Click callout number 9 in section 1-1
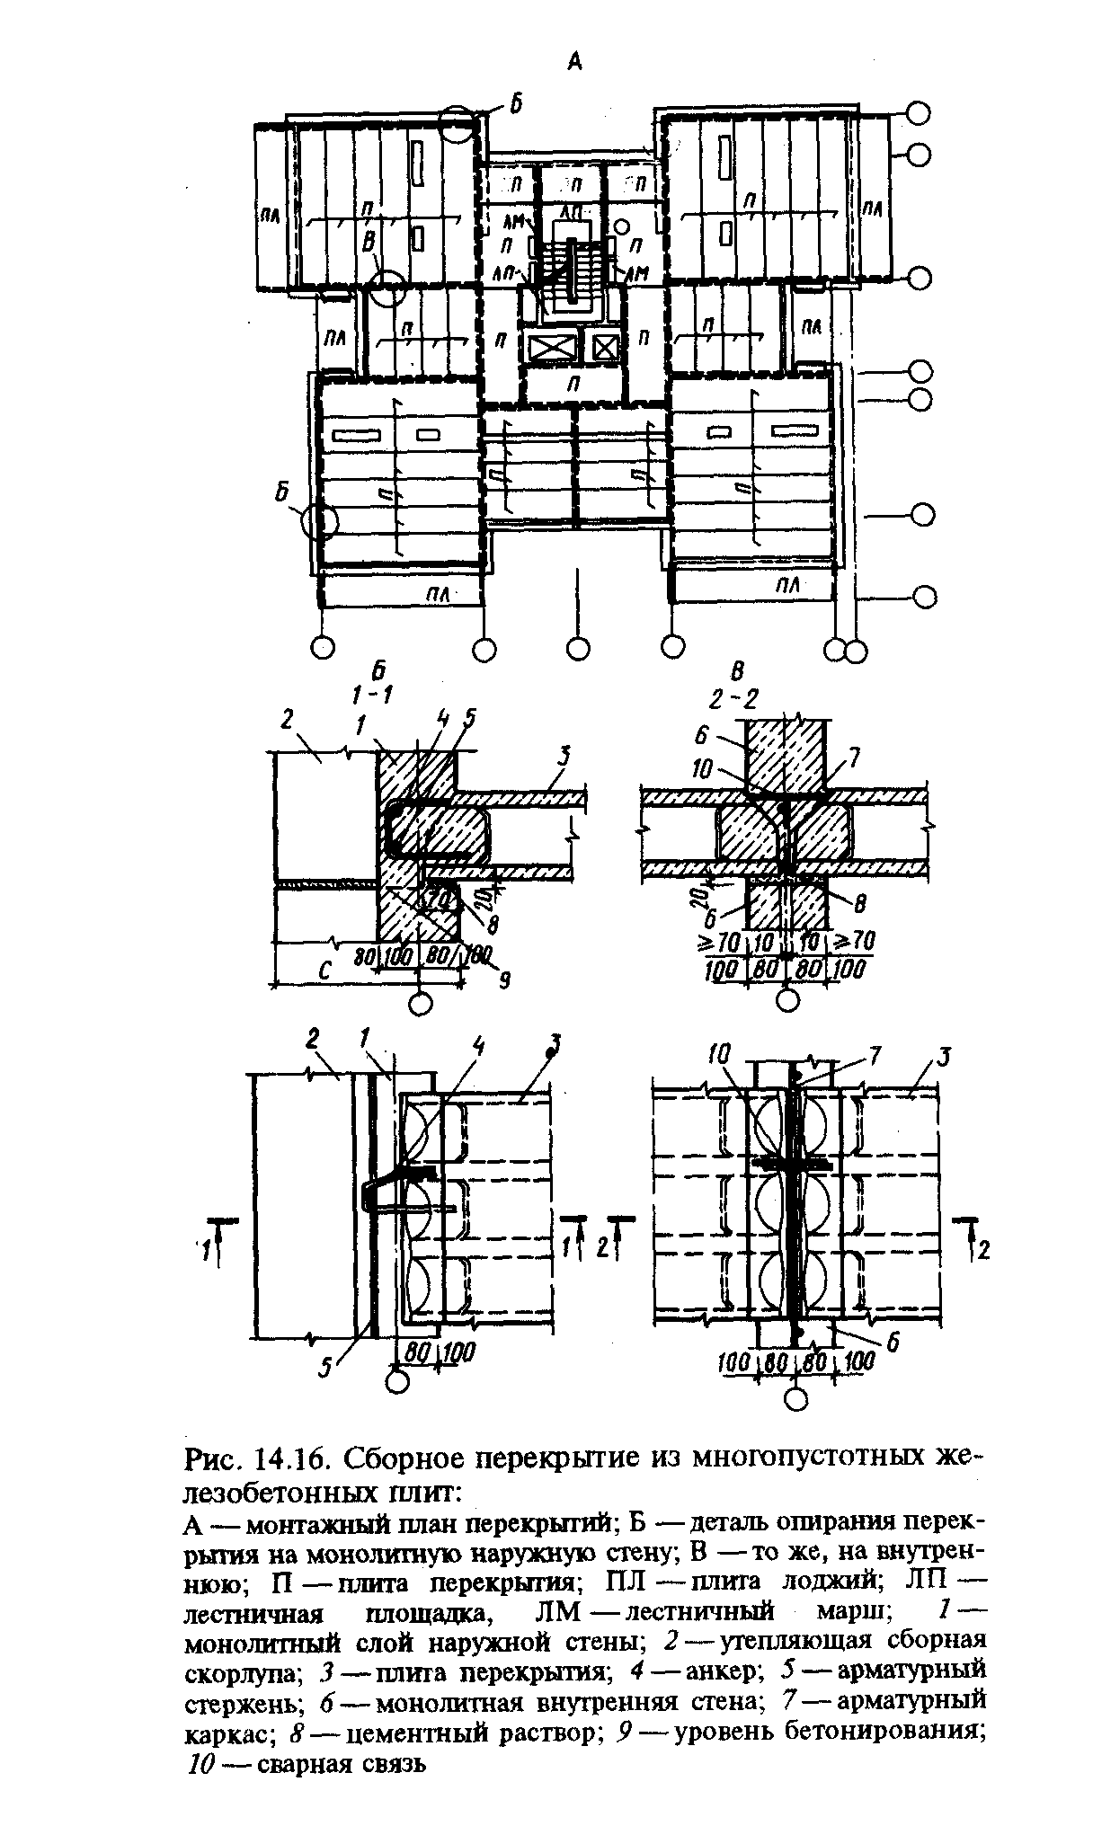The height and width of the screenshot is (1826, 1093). pos(504,982)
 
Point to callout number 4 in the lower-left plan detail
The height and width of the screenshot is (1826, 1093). pos(478,1045)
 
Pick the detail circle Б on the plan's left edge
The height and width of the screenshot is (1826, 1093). pos(319,520)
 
